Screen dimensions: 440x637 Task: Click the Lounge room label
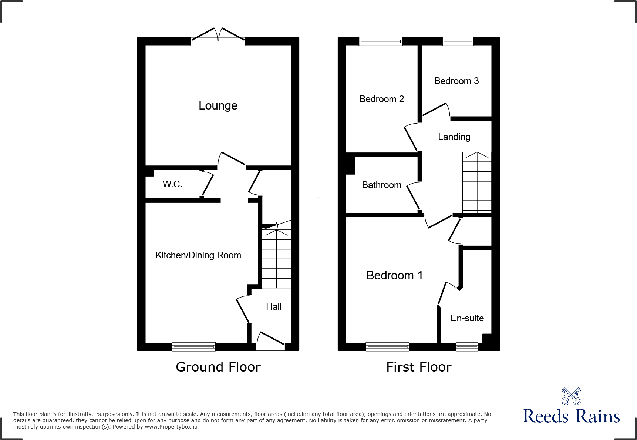click(x=218, y=106)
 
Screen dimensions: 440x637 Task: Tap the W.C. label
click(x=172, y=184)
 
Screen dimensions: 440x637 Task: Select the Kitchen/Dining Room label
click(x=198, y=255)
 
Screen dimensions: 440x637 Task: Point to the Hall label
click(x=274, y=307)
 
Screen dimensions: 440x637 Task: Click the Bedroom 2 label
click(x=381, y=99)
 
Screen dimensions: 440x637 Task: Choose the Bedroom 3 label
click(x=456, y=81)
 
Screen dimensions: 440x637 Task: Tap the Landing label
click(x=454, y=137)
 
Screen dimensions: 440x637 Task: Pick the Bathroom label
click(x=381, y=185)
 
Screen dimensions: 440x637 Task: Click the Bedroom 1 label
click(x=394, y=276)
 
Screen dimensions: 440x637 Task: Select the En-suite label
click(x=467, y=318)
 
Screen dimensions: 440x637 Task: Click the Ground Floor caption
click(x=218, y=367)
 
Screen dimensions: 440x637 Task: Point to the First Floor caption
click(x=419, y=367)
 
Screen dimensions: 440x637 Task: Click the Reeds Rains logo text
click(x=571, y=416)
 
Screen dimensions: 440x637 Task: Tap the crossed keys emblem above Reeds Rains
click(x=571, y=396)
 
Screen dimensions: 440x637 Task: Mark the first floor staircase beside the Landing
click(x=477, y=182)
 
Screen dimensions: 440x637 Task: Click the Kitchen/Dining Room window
click(x=194, y=347)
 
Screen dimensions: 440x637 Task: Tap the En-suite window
click(x=467, y=347)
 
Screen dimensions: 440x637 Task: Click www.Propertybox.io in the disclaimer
click(x=171, y=427)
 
